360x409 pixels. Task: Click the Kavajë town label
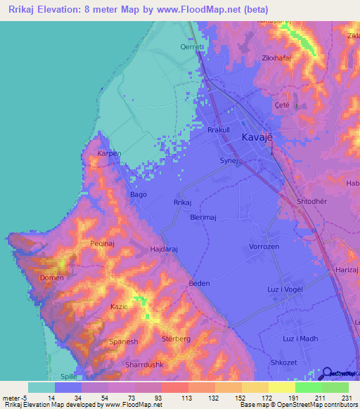pyautogui.click(x=257, y=138)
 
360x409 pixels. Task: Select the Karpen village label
pyautogui.click(x=110, y=153)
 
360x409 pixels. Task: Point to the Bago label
pyautogui.click(x=139, y=195)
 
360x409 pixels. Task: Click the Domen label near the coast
pyautogui.click(x=51, y=278)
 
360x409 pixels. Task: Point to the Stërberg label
pyautogui.click(x=177, y=339)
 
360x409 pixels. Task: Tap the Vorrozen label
pyautogui.click(x=266, y=247)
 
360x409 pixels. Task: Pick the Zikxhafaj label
pyautogui.click(x=276, y=58)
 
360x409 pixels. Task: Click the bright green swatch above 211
pyautogui.click(x=308, y=387)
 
